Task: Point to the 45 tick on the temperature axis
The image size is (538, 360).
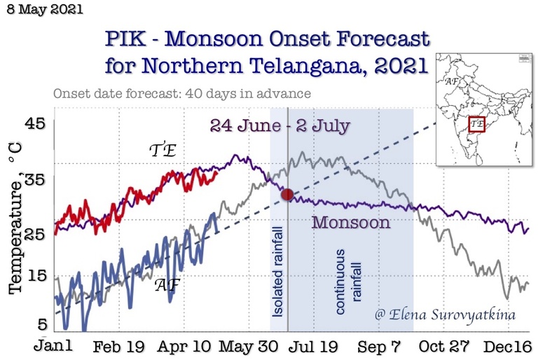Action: pyautogui.click(x=36, y=124)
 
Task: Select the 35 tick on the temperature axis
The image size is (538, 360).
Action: pyautogui.click(x=36, y=179)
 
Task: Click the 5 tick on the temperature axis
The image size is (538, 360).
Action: pyautogui.click(x=41, y=324)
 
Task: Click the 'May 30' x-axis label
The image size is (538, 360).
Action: pyautogui.click(x=248, y=347)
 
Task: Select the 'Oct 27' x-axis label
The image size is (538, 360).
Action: pyautogui.click(x=443, y=347)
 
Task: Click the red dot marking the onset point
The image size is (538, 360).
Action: pyautogui.click(x=287, y=195)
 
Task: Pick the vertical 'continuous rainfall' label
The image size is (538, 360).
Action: pyautogui.click(x=348, y=280)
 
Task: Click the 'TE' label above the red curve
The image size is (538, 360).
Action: pyautogui.click(x=163, y=151)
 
